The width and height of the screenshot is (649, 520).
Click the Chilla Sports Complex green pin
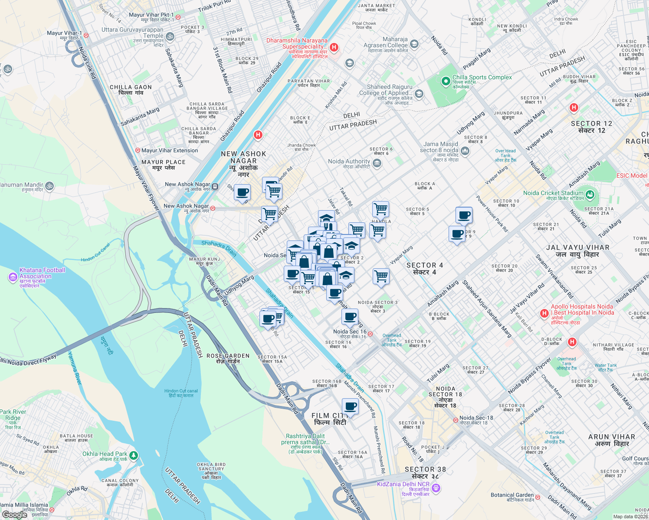coord(445,81)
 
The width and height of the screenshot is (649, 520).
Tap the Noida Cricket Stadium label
coord(553,193)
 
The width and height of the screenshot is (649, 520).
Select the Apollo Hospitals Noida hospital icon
coord(544,313)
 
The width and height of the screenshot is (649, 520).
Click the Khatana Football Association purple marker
coord(13,277)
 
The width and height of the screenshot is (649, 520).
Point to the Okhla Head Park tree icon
coord(134,455)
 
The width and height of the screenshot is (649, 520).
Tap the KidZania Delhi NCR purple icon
coord(436,488)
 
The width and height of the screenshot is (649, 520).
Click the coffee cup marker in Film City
coord(350,407)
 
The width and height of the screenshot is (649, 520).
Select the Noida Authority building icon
coord(377,163)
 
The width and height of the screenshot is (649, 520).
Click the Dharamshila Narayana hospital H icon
coord(334,47)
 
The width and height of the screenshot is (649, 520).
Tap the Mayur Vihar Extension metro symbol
coord(138,150)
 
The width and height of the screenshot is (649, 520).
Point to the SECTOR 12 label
coord(591,127)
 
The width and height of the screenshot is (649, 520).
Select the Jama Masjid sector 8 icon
coord(465,151)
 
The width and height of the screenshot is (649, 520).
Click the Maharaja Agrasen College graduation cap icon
coord(414,44)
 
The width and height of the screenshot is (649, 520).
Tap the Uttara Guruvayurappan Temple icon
coord(170,37)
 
